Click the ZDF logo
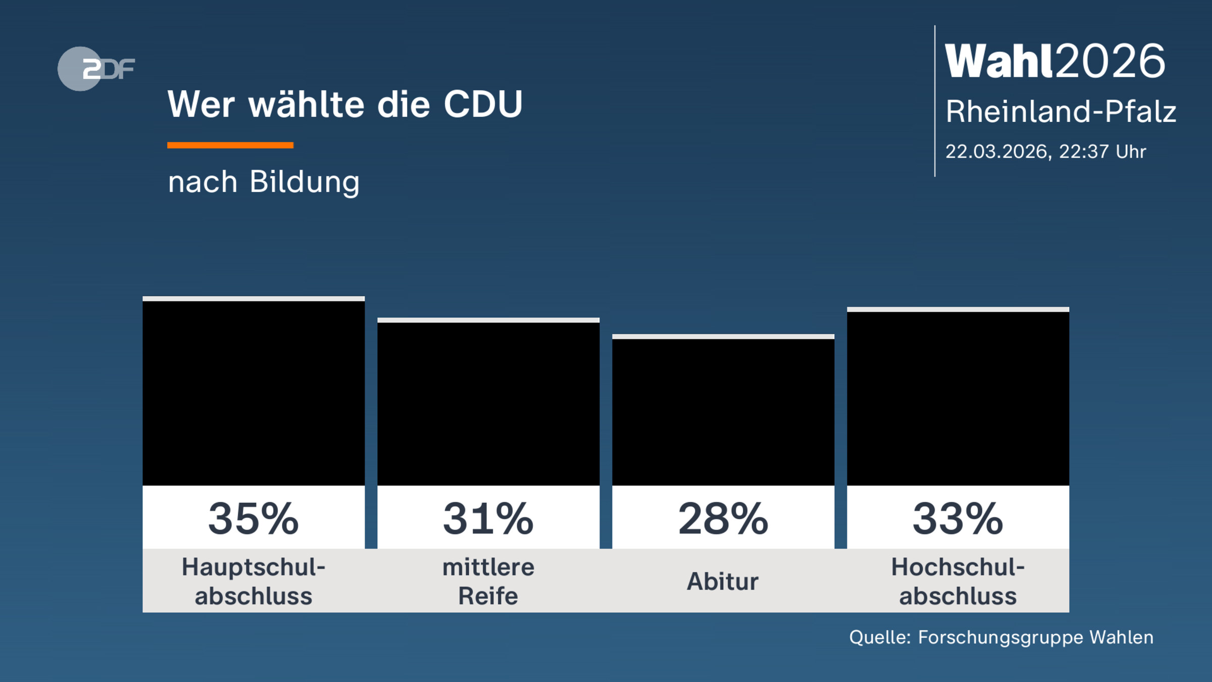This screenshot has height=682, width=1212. click(x=96, y=69)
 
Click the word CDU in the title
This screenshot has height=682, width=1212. click(x=483, y=105)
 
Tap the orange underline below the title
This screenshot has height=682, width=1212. click(x=230, y=145)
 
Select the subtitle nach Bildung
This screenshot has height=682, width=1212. click(x=264, y=182)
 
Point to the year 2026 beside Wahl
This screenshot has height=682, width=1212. click(x=1110, y=61)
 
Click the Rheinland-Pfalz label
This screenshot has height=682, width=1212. click(x=1060, y=111)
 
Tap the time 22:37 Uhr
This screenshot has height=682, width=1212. click(x=1102, y=152)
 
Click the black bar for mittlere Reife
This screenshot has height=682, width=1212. click(x=488, y=404)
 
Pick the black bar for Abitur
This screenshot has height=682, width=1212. click(x=723, y=412)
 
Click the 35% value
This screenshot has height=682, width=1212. click(x=254, y=518)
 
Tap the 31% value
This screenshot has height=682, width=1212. click(x=488, y=518)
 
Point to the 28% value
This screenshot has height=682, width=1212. click(x=723, y=518)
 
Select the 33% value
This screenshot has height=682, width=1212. click(x=958, y=518)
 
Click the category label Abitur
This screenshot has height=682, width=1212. click(x=723, y=581)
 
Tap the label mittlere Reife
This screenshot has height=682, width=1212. click(x=488, y=581)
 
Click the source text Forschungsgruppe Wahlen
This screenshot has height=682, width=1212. click(x=1035, y=638)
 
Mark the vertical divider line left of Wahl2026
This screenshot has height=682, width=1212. click(x=935, y=101)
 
